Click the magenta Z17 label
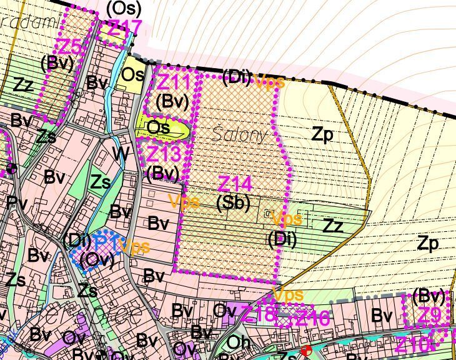coord(125,28)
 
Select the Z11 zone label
coord(173,82)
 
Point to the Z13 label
coord(163,153)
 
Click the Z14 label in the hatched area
coord(235,184)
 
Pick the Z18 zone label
coord(258,314)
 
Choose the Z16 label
coord(312,318)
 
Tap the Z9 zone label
coord(429,316)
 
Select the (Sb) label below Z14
coord(234,203)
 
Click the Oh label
coord(239,342)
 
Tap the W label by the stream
coord(121,152)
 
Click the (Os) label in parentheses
coord(124,8)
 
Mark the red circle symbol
coord(305,351)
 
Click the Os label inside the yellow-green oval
coord(159,127)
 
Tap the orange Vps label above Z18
coord(288,294)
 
